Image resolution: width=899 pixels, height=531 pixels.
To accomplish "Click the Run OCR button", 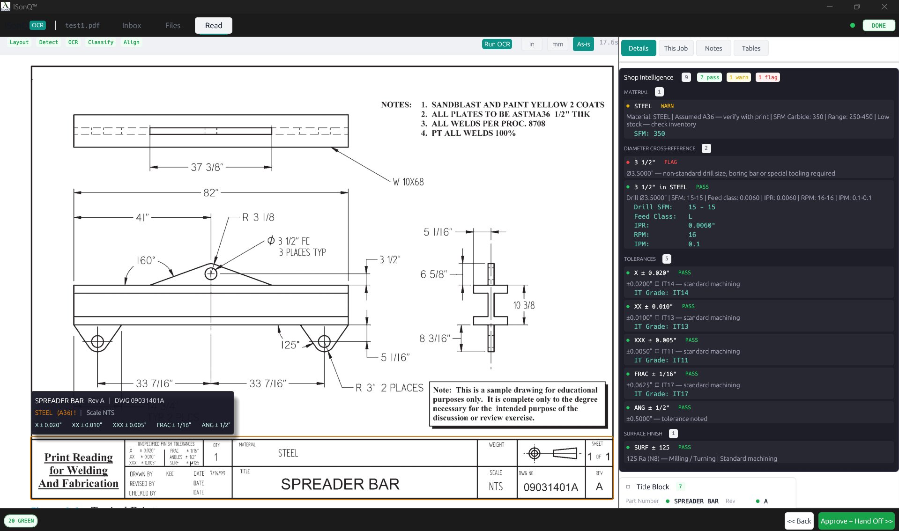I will point(497,44).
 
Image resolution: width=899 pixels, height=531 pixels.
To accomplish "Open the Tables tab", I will point(750,48).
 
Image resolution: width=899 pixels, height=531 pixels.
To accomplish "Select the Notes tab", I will point(713,48).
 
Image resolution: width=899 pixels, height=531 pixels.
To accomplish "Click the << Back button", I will point(799,521).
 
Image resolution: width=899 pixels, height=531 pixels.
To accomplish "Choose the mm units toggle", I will point(557,44).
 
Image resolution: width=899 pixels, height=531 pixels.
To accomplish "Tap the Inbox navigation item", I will point(131,25).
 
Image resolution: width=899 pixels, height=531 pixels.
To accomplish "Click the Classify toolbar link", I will point(100,42).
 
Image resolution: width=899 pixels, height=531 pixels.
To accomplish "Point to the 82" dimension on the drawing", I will point(211,192).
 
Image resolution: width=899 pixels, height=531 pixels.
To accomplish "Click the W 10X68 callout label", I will point(408,182).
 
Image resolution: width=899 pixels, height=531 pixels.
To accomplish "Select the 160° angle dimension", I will point(146,260).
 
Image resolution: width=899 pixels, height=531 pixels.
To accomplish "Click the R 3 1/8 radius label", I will point(258,217).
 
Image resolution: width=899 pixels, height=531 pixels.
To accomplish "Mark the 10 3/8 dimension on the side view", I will point(524,305).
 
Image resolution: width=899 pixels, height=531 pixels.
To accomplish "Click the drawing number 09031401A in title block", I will point(550,487).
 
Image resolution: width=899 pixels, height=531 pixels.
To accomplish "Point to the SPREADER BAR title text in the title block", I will point(340,484).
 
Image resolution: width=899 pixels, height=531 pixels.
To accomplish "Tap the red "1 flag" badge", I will point(767,77).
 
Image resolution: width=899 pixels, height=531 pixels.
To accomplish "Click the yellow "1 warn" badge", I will point(738,77).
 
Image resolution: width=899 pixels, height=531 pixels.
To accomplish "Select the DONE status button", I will point(878,26).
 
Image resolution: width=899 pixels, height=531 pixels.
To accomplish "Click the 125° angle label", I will point(290,345).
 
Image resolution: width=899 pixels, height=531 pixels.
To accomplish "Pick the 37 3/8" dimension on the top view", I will point(207,167).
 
